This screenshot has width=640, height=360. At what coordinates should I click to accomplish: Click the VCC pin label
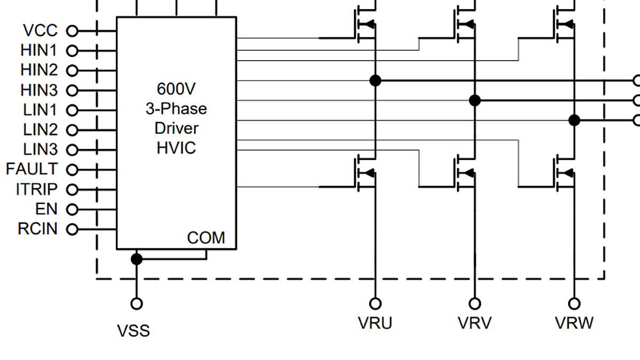tap(41, 31)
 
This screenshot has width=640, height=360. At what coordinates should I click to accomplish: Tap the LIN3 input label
tap(41, 149)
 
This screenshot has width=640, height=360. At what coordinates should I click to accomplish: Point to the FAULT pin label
tap(31, 170)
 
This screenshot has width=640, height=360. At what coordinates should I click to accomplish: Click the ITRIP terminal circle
tap(71, 189)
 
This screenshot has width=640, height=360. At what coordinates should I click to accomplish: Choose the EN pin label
tap(46, 209)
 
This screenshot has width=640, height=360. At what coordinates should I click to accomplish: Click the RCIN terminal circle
tap(71, 229)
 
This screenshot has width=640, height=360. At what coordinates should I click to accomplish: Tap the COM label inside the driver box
tap(206, 238)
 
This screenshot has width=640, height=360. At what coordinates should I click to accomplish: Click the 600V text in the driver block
tap(176, 89)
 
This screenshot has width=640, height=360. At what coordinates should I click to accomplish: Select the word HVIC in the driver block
tap(176, 148)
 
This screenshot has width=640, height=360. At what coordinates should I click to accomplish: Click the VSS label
tap(133, 331)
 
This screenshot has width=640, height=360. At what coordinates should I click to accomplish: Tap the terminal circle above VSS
tap(137, 303)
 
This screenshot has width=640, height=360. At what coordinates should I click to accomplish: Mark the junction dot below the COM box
tap(137, 259)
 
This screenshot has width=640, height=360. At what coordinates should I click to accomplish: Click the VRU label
tap(375, 323)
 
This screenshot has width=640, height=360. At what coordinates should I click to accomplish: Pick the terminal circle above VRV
tap(474, 303)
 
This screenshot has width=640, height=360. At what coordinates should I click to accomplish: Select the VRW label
tap(574, 323)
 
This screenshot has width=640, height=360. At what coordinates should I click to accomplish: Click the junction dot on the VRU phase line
tap(375, 81)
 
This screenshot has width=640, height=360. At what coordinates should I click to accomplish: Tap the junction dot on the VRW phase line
tap(574, 121)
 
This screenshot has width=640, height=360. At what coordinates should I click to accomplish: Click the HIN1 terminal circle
tap(71, 51)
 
